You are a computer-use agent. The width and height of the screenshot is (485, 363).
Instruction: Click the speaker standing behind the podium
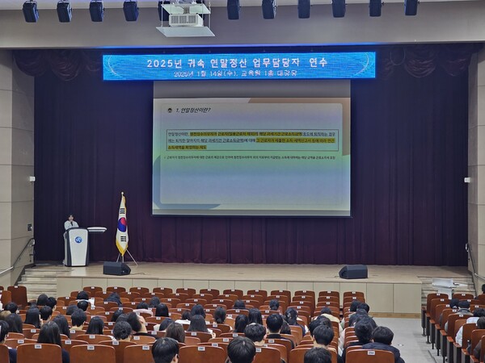click(71, 222)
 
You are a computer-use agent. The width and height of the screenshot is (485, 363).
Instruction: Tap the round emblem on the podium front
click(78, 240)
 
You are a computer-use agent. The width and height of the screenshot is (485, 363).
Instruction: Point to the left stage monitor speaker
click(116, 268)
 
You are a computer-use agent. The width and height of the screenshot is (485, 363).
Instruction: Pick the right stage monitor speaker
click(352, 272)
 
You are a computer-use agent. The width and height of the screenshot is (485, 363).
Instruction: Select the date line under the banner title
click(235, 73)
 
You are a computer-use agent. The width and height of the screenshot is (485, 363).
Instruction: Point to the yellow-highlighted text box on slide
click(251, 140)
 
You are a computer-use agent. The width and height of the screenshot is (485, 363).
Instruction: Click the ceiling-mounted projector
click(185, 17)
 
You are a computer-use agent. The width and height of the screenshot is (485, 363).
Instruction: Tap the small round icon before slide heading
click(170, 110)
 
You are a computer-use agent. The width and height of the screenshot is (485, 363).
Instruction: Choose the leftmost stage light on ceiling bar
click(30, 11)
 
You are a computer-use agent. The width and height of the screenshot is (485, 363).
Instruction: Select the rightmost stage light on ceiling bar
click(411, 7)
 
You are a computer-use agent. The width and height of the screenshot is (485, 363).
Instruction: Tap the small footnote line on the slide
click(251, 157)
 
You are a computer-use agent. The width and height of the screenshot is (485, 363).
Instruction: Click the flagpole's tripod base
click(125, 258)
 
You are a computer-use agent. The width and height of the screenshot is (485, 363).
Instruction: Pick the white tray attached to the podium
click(97, 230)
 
